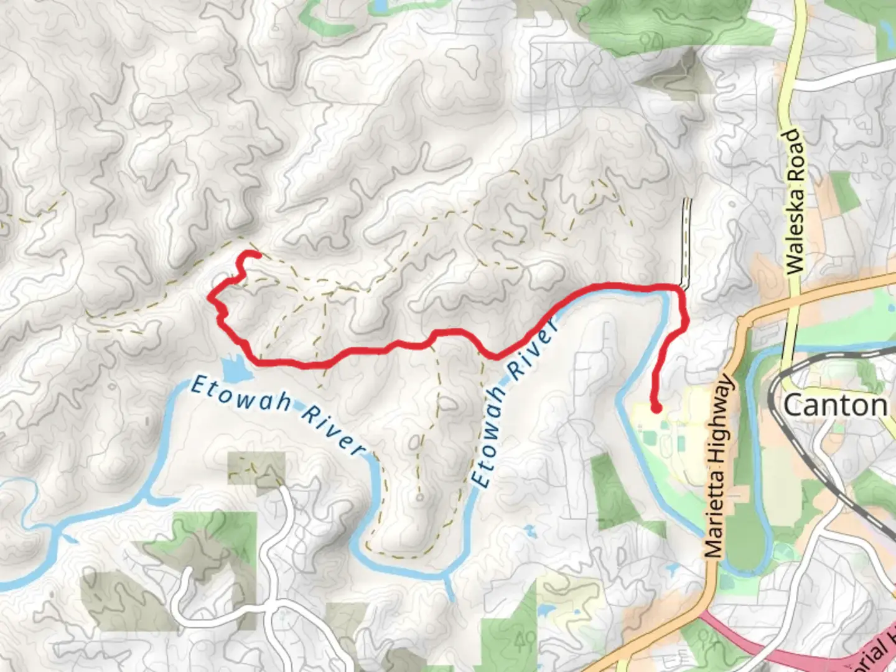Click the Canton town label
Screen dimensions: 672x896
tap(835, 406)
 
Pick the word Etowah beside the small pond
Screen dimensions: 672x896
tap(240, 394)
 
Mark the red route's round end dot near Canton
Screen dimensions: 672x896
tap(656, 408)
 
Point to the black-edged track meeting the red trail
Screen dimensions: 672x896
tap(687, 243)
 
